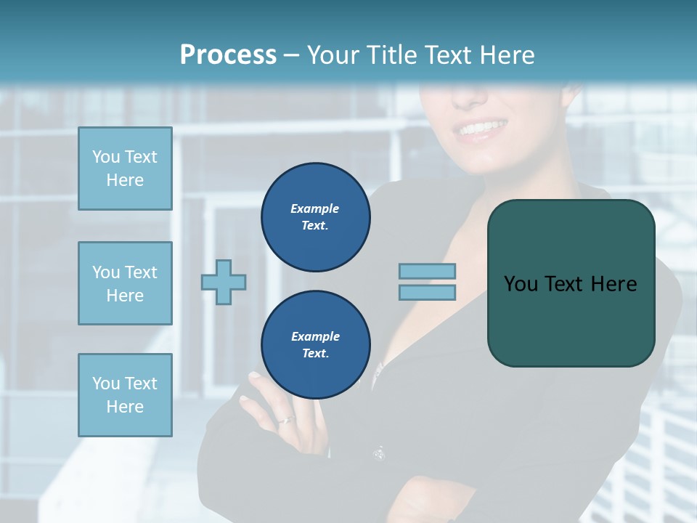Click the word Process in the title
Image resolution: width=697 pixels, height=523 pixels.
pyautogui.click(x=228, y=55)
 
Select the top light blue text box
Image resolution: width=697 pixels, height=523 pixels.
pyautogui.click(x=125, y=169)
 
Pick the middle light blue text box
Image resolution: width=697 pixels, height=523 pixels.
pyautogui.click(x=125, y=283)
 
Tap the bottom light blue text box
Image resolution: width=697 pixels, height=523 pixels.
pyautogui.click(x=125, y=395)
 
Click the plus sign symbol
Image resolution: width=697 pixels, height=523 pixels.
pyautogui.click(x=224, y=282)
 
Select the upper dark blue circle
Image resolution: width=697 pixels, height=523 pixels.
pyautogui.click(x=316, y=217)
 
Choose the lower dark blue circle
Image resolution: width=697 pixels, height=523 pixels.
pyautogui.click(x=316, y=345)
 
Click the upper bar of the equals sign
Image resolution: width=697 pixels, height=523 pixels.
pyautogui.click(x=427, y=272)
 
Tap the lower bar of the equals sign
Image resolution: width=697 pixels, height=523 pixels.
pyautogui.click(x=427, y=292)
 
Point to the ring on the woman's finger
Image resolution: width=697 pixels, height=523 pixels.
pyautogui.click(x=288, y=420)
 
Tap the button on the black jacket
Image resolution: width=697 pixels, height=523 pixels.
pyautogui.click(x=378, y=454)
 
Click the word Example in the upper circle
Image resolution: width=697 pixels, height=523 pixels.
pyautogui.click(x=314, y=208)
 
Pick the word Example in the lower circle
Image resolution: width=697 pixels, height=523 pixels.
pyautogui.click(x=315, y=336)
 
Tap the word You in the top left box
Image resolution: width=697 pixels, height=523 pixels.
pyautogui.click(x=105, y=157)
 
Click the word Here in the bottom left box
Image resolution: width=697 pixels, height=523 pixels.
pyautogui.click(x=125, y=407)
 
